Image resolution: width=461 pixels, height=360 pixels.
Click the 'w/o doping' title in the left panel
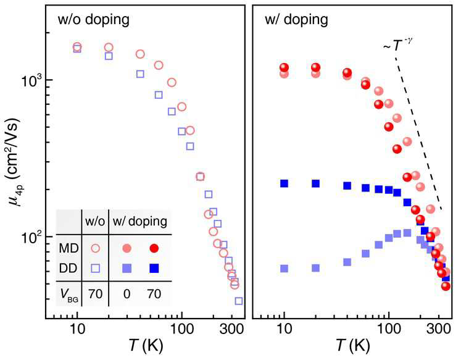[93, 20]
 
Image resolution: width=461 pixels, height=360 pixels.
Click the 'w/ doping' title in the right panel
[296, 20]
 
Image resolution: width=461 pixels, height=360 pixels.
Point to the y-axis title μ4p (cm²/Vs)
[14, 162]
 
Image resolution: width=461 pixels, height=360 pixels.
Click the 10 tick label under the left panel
[77, 329]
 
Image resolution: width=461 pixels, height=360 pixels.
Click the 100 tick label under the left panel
[181, 329]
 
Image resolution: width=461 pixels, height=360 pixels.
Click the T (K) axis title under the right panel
[352, 345]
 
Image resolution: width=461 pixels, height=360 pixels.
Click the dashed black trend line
[418, 133]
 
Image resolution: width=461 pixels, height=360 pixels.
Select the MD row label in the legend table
[69, 248]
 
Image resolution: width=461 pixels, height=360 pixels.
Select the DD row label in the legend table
[69, 268]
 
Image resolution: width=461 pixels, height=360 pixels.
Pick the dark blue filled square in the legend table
[154, 268]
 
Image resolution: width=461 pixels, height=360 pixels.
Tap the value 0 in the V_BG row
[127, 294]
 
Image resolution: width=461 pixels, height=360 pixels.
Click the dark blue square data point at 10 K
[284, 183]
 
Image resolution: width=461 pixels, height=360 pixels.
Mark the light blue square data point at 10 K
[284, 268]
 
